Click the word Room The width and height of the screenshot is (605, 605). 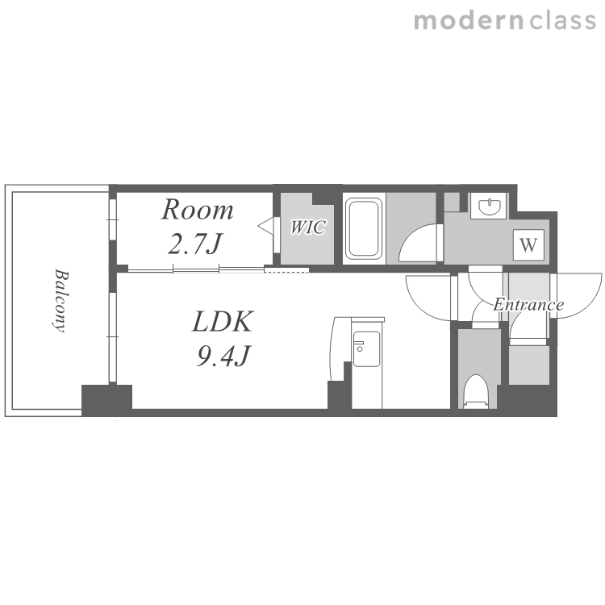(x=197, y=210)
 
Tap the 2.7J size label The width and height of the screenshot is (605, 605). (x=195, y=244)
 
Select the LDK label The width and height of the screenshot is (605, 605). (x=223, y=321)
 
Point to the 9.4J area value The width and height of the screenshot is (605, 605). (x=223, y=356)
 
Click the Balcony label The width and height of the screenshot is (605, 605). (x=60, y=300)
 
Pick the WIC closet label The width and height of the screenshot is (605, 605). (x=307, y=227)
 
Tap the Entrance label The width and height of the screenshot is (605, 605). (x=528, y=305)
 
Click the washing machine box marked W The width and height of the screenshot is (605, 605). (x=528, y=244)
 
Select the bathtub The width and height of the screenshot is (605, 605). (x=364, y=228)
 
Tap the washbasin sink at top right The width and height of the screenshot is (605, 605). (x=489, y=206)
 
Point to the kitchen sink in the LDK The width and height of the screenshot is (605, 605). (x=365, y=348)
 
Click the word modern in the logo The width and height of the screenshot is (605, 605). (x=469, y=21)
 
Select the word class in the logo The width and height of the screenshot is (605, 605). (x=562, y=21)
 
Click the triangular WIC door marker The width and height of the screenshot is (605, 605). (x=265, y=227)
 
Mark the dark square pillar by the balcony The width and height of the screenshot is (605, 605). (x=106, y=400)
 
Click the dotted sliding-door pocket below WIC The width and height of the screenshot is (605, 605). (x=286, y=269)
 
